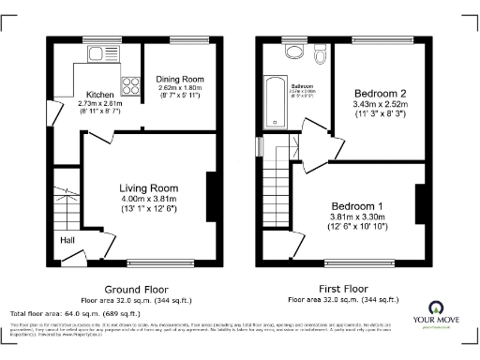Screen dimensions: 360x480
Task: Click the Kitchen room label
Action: click(x=99, y=95)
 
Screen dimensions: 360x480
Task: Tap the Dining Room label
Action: click(x=179, y=79)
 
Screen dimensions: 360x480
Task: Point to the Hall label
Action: click(x=67, y=241)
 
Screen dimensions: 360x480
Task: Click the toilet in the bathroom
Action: click(x=321, y=58)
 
